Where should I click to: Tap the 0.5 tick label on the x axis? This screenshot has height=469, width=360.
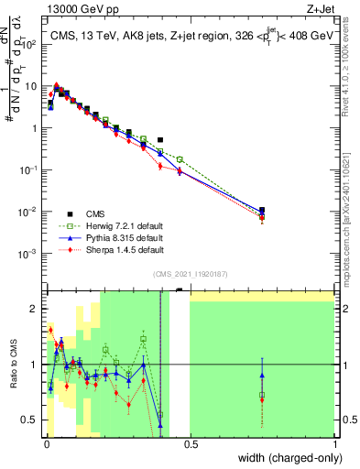[x=190, y=444]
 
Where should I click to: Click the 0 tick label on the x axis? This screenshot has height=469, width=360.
[x=45, y=444]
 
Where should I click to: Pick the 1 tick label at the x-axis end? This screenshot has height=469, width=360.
[x=333, y=444]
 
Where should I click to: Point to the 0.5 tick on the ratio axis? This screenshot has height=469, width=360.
[x=31, y=420]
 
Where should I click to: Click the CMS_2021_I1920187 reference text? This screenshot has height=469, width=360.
[x=190, y=272]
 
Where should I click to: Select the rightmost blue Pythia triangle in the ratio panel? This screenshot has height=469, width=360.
[x=262, y=375]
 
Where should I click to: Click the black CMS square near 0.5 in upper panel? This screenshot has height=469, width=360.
[x=160, y=140]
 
